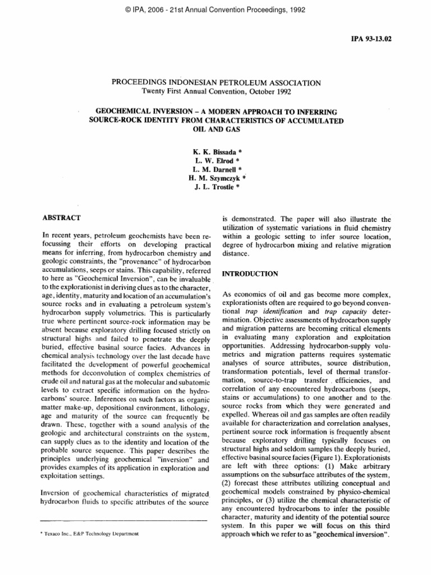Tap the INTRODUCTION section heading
[250, 273]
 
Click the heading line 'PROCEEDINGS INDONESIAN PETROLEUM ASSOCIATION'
[217, 82]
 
